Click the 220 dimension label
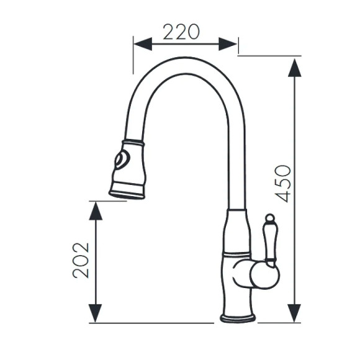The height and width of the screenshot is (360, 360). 181,32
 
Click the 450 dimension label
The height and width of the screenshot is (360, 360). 283,184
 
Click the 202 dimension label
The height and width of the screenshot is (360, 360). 81,260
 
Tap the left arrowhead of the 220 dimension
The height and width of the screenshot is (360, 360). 143,44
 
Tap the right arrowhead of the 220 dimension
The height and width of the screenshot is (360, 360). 228,44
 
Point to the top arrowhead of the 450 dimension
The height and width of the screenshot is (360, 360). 295,68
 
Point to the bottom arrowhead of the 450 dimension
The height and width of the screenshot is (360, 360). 294,313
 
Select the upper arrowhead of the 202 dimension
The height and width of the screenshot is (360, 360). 96,211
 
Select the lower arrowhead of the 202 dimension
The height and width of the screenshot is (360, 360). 96,313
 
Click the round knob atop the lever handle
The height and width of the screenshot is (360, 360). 270,218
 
